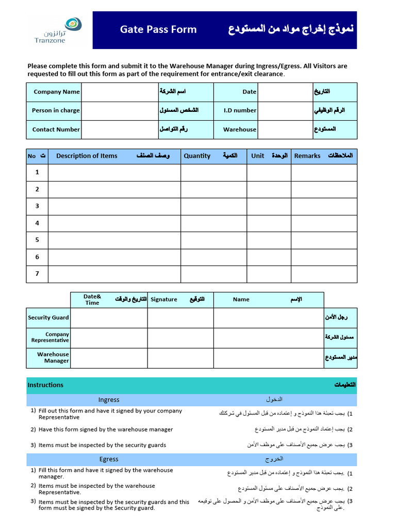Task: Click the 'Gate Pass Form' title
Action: (158, 29)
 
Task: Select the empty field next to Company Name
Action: (119, 92)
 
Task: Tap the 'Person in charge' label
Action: (56, 110)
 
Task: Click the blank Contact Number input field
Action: (119, 129)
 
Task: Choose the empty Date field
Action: (284, 92)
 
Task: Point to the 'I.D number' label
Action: (240, 110)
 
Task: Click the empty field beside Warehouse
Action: (284, 129)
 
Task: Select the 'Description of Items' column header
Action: (87, 156)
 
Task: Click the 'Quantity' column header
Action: (197, 156)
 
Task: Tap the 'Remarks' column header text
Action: (307, 156)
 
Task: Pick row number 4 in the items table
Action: (37, 223)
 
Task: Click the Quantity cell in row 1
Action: (213, 173)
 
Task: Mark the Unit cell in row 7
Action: (269, 274)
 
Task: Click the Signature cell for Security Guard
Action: (180, 318)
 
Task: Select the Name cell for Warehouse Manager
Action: (269, 358)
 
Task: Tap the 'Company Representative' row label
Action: (50, 338)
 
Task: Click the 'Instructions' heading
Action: (45, 385)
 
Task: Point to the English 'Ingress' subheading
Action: (109, 400)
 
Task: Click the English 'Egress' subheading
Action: (109, 459)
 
